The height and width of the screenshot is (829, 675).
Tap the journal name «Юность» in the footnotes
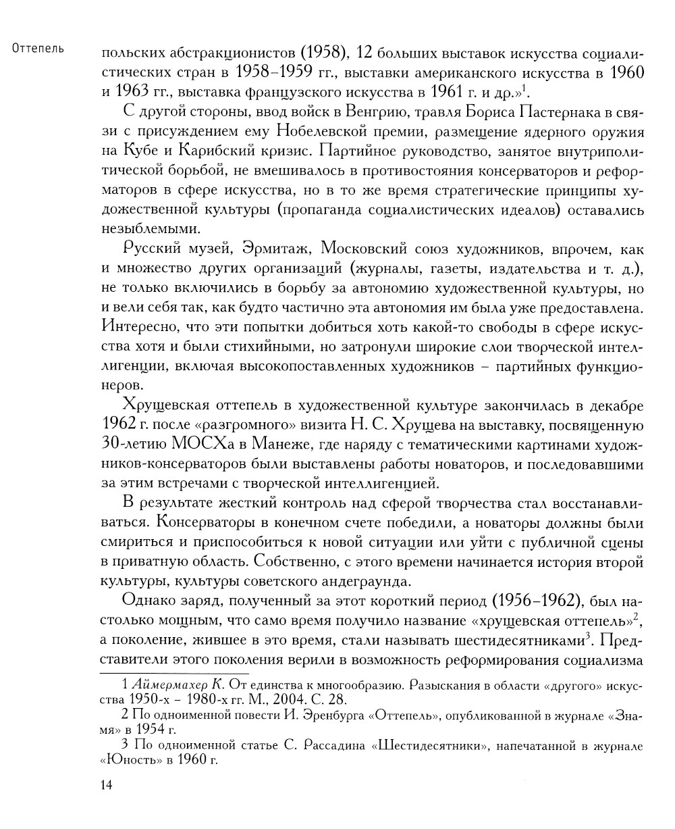[128, 760]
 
